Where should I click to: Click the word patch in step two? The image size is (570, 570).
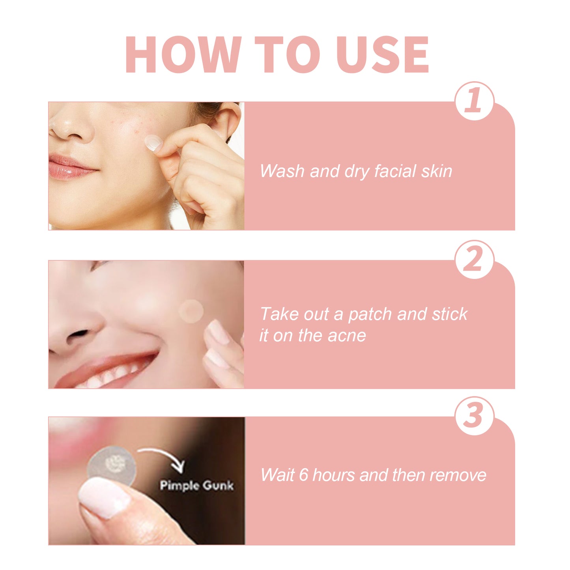coord(370,314)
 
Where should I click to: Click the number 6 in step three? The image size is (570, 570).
coord(303,475)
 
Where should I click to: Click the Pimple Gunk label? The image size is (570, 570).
coord(196,485)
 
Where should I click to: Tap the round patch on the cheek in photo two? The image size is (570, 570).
coord(191,311)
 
